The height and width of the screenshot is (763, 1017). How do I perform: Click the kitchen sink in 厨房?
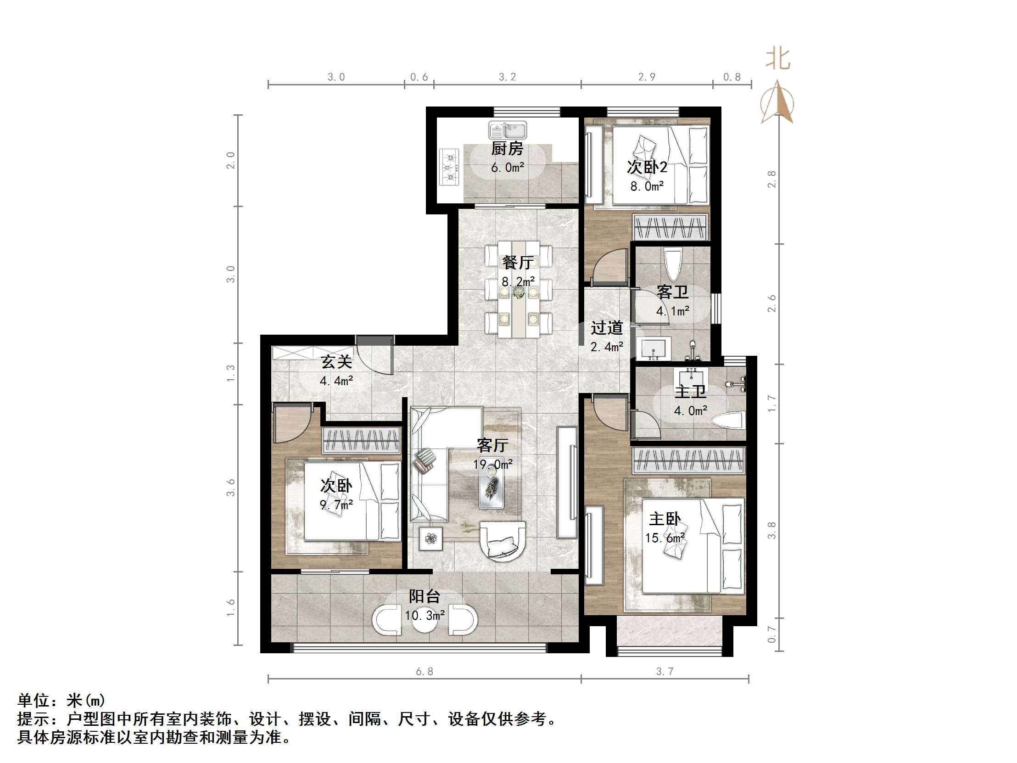(508, 131)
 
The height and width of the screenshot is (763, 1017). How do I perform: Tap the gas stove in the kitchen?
(450, 167)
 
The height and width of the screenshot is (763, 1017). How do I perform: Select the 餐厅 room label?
(518, 263)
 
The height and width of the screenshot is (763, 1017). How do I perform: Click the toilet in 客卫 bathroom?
(673, 264)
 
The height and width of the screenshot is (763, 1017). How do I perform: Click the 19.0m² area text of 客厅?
(493, 465)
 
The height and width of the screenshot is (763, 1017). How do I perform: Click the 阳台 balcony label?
(425, 596)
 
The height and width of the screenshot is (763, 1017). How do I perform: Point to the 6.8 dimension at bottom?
(425, 672)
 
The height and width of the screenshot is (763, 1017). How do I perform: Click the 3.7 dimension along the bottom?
(665, 672)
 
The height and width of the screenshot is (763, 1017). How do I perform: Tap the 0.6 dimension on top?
(419, 77)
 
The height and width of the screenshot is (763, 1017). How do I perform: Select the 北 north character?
(777, 59)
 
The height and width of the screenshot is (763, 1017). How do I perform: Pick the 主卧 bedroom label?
(665, 519)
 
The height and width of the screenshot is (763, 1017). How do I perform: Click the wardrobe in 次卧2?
(671, 227)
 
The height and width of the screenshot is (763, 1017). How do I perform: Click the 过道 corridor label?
(606, 328)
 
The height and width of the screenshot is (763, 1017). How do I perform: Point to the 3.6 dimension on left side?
(231, 488)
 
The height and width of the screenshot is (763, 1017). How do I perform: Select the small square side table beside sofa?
(431, 539)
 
